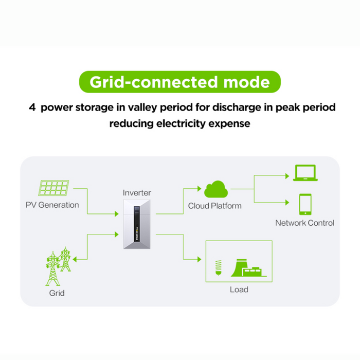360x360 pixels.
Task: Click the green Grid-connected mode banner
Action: click(179, 82)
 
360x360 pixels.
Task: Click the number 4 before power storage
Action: click(32, 108)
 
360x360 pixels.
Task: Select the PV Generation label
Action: click(52, 205)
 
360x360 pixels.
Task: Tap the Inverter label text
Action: click(137, 193)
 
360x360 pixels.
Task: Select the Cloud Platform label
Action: click(215, 206)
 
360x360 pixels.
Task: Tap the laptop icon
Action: click(305, 173)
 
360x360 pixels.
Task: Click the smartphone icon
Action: click(305, 204)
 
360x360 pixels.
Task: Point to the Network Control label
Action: click(305, 223)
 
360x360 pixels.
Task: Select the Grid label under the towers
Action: click(57, 293)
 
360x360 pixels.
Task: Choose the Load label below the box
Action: click(239, 290)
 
